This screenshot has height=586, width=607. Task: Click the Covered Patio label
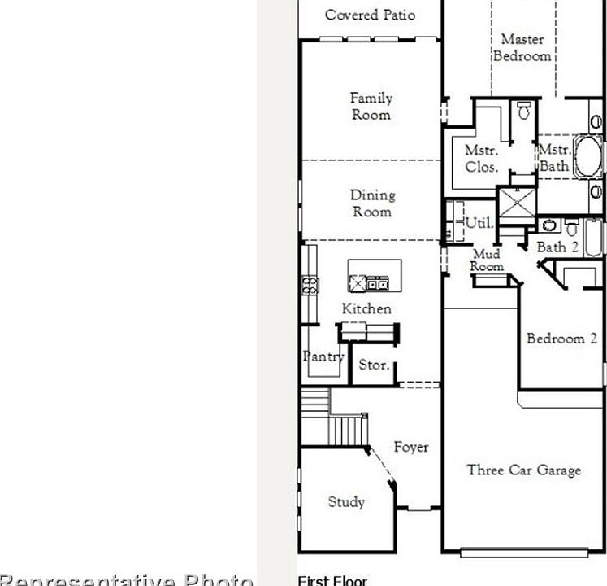point(370,15)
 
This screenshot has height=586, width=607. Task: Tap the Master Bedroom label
point(522,47)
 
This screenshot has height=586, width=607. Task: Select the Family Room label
point(371,107)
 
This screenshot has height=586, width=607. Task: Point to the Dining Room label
point(372,203)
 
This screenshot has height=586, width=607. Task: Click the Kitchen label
point(366,309)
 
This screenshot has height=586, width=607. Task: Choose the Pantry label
point(323,356)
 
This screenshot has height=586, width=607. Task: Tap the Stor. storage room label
point(375,365)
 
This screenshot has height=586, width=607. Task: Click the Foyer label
point(411,447)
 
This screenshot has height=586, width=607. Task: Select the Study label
point(346,502)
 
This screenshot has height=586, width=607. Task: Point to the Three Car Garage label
point(524,470)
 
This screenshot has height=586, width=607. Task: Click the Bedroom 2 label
point(561,339)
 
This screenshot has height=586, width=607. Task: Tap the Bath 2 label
point(557,247)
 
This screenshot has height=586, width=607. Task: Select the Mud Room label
point(487,261)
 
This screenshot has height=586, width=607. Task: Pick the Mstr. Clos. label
point(481,159)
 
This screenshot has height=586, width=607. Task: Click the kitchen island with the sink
point(375,277)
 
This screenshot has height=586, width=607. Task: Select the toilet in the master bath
point(524,109)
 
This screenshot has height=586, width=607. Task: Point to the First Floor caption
point(332,580)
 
